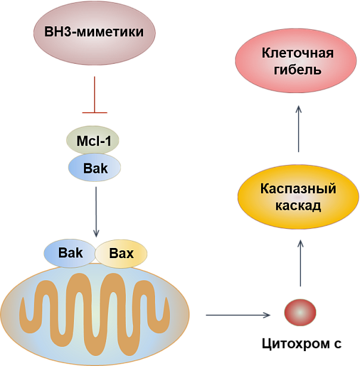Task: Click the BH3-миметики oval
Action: click(94, 32)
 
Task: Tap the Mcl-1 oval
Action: click(93, 142)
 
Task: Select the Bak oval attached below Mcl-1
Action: click(95, 168)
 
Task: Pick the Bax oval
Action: click(121, 254)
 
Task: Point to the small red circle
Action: click(300, 312)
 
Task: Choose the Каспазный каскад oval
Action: click(298, 197)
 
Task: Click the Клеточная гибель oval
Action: click(297, 61)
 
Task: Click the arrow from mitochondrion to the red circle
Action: click(237, 314)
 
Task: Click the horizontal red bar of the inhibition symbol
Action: click(95, 111)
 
